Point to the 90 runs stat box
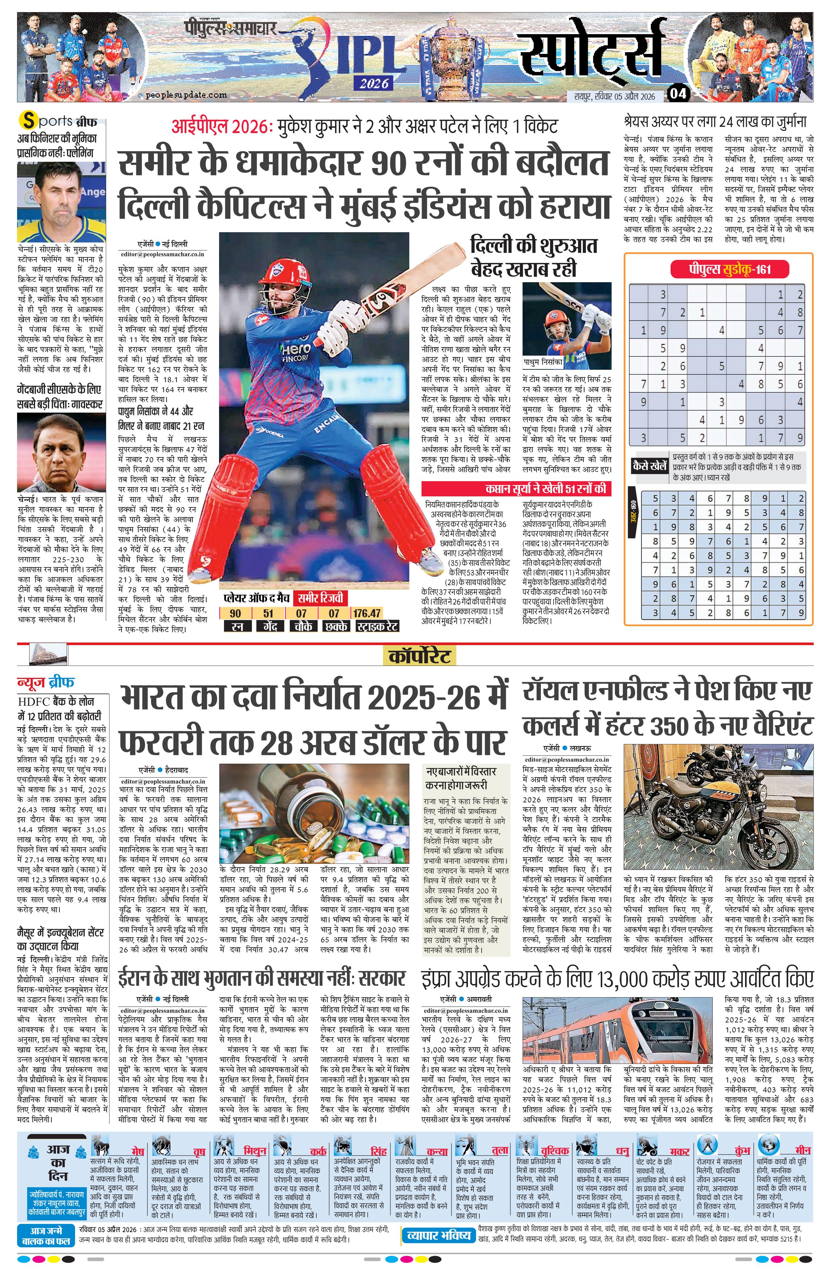[x=236, y=613]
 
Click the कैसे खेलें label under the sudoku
[x=649, y=466]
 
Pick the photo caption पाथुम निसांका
[x=542, y=362]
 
